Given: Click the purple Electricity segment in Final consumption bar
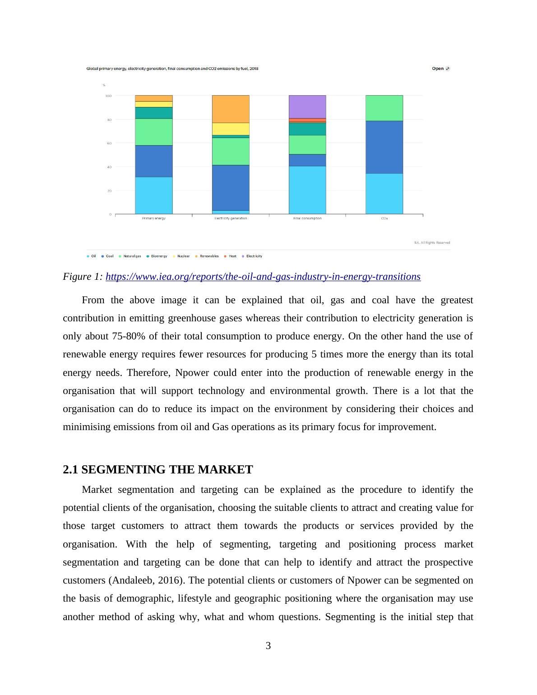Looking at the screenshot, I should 307,107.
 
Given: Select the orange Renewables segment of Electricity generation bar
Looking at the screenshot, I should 231,109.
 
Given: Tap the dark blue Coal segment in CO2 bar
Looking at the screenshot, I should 384,147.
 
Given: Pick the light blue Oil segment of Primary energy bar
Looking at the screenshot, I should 154,195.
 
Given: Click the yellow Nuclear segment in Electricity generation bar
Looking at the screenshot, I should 231,129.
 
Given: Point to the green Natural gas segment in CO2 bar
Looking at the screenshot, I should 384,108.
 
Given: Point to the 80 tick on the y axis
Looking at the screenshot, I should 109,120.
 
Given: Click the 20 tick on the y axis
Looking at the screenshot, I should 109,191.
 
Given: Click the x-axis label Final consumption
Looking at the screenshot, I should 307,218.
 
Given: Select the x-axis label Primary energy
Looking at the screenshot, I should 154,218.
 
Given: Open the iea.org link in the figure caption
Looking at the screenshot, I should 263,277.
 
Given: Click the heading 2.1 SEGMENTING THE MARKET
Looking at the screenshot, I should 158,470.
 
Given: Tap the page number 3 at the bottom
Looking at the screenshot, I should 268,646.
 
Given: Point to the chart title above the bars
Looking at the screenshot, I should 172,69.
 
